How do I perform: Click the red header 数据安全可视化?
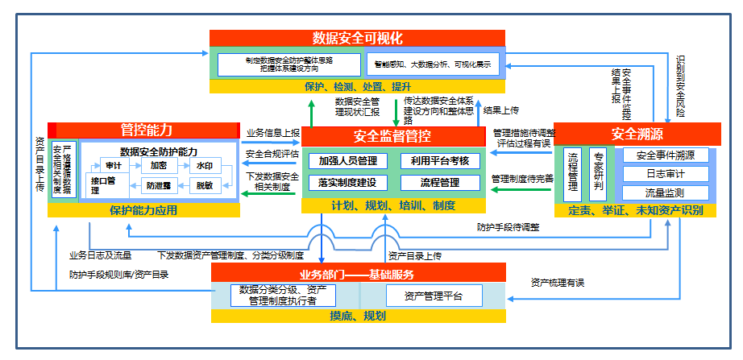[x=357, y=38]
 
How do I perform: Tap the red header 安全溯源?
[x=637, y=132]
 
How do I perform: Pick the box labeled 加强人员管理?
[x=348, y=161]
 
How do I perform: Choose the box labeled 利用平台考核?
[x=440, y=161]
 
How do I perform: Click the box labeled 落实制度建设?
[x=348, y=183]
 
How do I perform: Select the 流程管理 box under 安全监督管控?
[x=440, y=183]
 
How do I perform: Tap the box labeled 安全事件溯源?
[x=666, y=155]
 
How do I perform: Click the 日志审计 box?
[x=666, y=174]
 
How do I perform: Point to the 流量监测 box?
[x=666, y=193]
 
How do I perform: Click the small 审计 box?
[x=114, y=165]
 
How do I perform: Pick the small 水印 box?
[x=205, y=165]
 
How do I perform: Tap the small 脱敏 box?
[x=205, y=185]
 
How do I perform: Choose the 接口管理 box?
[x=104, y=186]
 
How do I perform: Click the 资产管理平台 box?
[x=434, y=296]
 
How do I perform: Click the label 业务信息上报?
[x=272, y=133]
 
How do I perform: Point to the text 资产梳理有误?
[x=557, y=283]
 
